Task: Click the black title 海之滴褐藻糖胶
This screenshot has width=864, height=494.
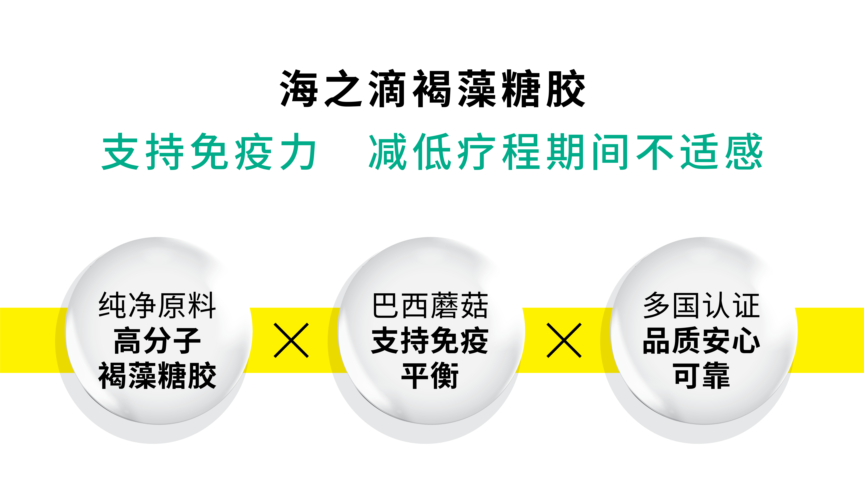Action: pyautogui.click(x=432, y=89)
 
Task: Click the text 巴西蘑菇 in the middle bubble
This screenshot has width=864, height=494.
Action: pyautogui.click(x=430, y=305)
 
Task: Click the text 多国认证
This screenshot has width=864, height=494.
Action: pyautogui.click(x=702, y=305)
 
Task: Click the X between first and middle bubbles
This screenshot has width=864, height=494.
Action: pyautogui.click(x=291, y=340)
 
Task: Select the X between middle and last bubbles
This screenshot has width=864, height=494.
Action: pyautogui.click(x=564, y=340)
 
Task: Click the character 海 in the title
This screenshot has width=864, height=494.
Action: pyautogui.click(x=299, y=89)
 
